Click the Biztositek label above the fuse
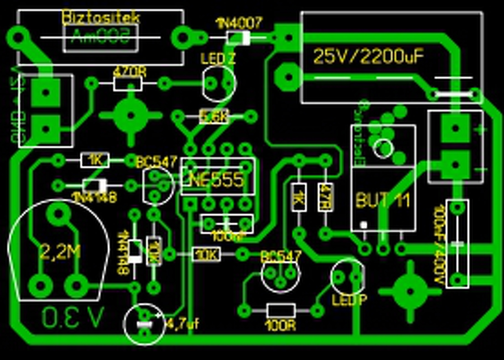click(101, 18)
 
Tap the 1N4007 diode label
click(239, 24)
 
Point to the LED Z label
click(218, 59)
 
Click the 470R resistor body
click(128, 83)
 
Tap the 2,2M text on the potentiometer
click(60, 252)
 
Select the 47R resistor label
click(326, 197)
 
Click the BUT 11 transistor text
click(383, 200)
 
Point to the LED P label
click(349, 300)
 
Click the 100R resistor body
click(281, 311)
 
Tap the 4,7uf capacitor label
click(183, 324)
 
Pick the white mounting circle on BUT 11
click(383, 148)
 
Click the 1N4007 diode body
click(239, 38)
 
